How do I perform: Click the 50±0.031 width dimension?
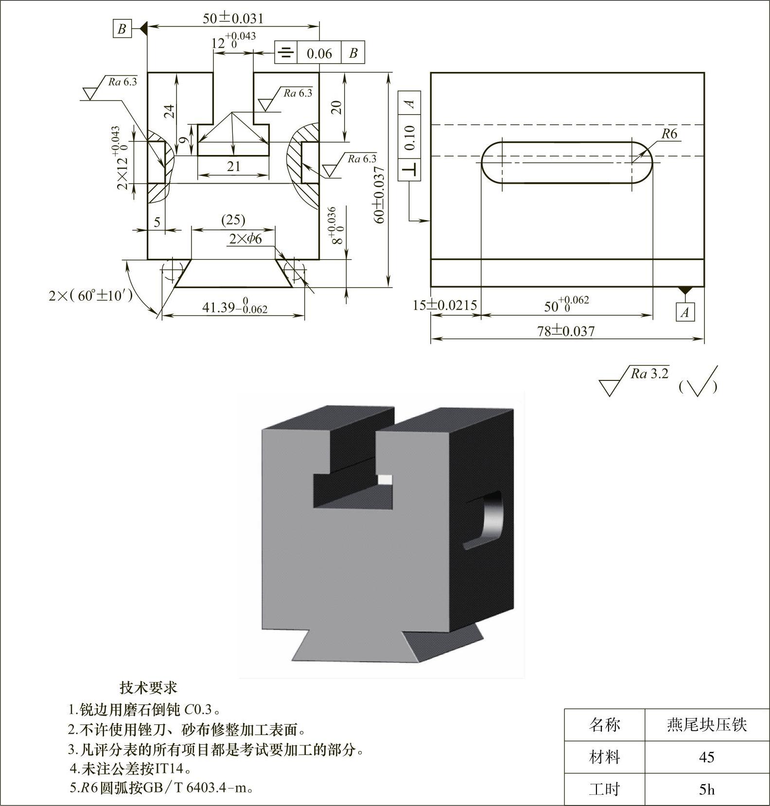(233, 18)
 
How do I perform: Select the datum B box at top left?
(122, 29)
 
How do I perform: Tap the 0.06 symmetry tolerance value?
(319, 53)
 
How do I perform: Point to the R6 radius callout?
(669, 134)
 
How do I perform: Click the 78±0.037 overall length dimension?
(566, 331)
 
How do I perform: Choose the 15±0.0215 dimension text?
(445, 305)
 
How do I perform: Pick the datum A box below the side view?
(685, 312)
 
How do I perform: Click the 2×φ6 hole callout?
(245, 239)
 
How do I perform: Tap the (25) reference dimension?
(233, 220)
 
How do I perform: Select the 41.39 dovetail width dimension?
(234, 308)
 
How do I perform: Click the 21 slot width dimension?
(234, 166)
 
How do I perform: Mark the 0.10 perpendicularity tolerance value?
(409, 137)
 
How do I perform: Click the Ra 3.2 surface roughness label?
(649, 374)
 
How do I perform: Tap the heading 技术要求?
(149, 687)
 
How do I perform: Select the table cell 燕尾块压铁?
(706, 725)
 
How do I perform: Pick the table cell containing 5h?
(707, 790)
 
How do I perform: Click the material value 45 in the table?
(706, 757)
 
